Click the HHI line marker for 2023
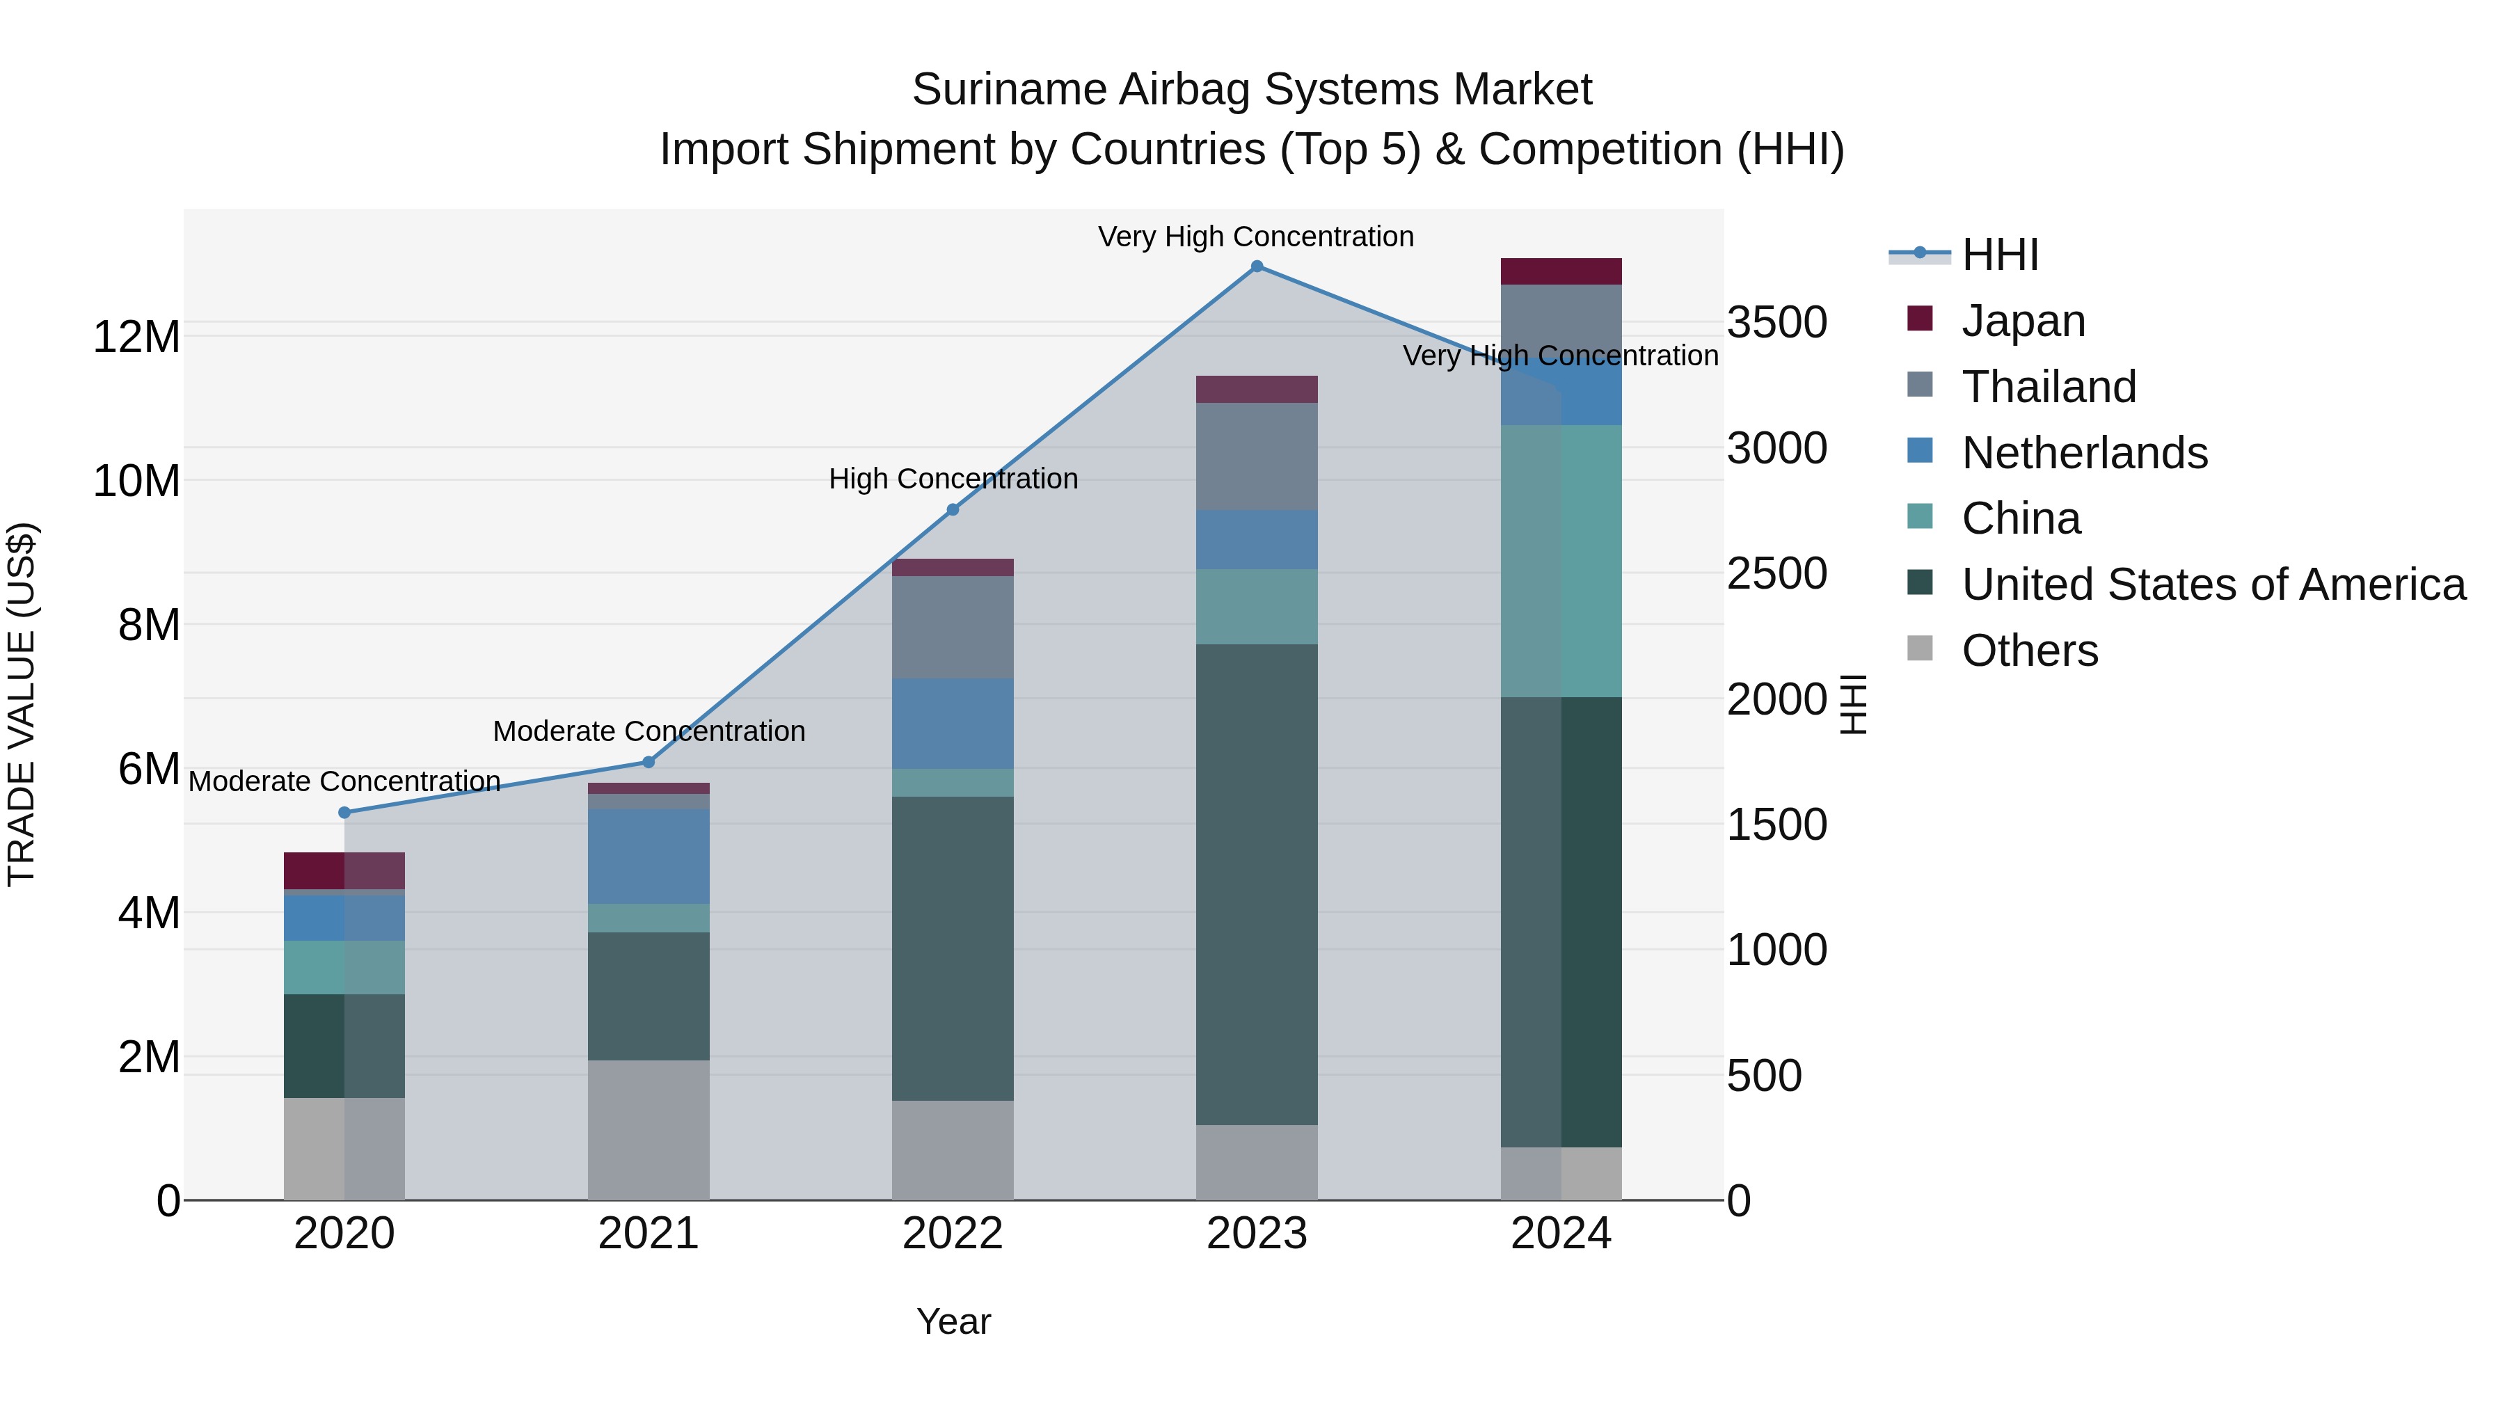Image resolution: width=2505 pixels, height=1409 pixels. pyautogui.click(x=1257, y=266)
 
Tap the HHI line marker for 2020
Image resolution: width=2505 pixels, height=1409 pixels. pyautogui.click(x=344, y=813)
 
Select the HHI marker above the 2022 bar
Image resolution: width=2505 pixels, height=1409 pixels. pyautogui.click(x=953, y=509)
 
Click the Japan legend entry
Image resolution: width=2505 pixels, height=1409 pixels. pyautogui.click(x=2023, y=321)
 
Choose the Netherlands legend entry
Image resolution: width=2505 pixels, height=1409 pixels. pyautogui.click(x=2084, y=453)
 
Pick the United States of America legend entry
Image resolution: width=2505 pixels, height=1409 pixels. pyautogui.click(x=2213, y=585)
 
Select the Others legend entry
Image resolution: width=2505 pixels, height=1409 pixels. pyautogui.click(x=2030, y=651)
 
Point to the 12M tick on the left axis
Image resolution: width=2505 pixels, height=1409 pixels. pyautogui.click(x=136, y=337)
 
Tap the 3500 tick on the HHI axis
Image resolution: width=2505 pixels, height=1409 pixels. pyautogui.click(x=1776, y=323)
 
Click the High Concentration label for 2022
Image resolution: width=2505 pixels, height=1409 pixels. pyautogui.click(x=953, y=479)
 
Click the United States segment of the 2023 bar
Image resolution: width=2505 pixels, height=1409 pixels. pyautogui.click(x=1257, y=885)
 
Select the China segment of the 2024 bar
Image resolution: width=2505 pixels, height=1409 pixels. pyautogui.click(x=1561, y=561)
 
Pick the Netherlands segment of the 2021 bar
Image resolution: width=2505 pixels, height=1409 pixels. pyautogui.click(x=649, y=857)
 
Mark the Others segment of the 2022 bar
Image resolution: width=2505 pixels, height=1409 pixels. pyautogui.click(x=953, y=1150)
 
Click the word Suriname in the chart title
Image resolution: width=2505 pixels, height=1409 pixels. pyautogui.click(x=1010, y=90)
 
